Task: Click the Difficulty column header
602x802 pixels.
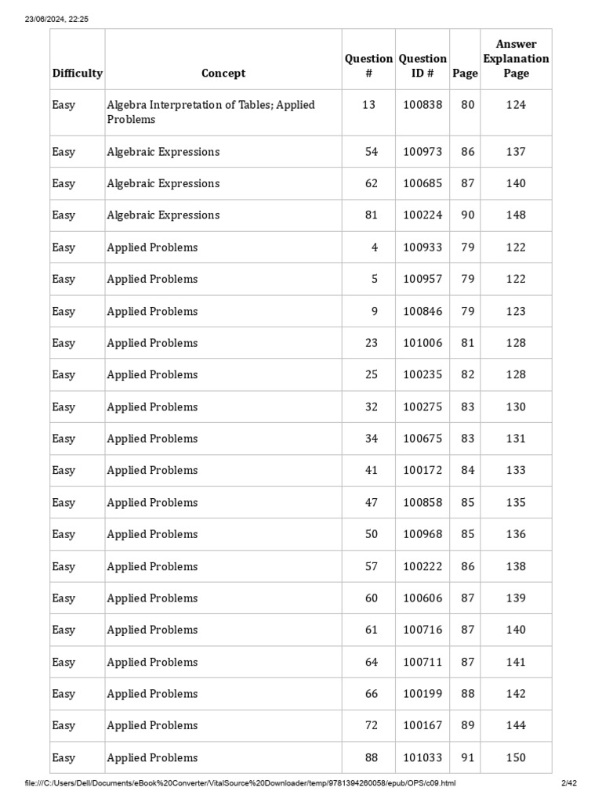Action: click(77, 74)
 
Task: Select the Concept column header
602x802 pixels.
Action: click(223, 74)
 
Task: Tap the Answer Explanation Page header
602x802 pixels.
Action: click(516, 59)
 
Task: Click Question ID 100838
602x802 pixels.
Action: click(422, 105)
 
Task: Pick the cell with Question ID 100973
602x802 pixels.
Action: click(422, 152)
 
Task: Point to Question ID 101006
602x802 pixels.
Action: click(422, 343)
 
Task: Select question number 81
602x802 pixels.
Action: click(371, 215)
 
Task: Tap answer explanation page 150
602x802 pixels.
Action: click(516, 758)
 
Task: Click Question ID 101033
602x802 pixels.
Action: click(422, 758)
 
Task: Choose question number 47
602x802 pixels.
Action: click(371, 503)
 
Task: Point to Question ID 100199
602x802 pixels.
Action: click(422, 694)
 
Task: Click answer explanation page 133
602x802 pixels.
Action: click(516, 471)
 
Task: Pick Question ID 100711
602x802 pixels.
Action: click(422, 663)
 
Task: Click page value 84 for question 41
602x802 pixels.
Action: click(467, 471)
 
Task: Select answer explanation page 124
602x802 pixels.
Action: click(516, 105)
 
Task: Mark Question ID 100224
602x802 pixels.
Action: click(422, 215)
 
